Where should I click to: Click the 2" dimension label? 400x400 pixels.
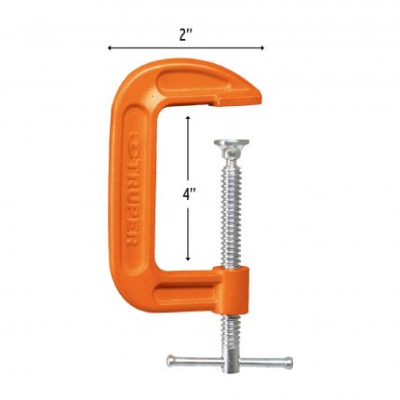(186, 34)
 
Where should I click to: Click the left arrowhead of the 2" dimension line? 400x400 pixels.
(110, 47)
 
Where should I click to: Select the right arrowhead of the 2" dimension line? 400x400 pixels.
(262, 47)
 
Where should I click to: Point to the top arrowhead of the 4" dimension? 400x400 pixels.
(188, 118)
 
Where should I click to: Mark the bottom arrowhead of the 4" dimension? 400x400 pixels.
(188, 258)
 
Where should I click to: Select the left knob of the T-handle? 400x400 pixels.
(170, 361)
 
